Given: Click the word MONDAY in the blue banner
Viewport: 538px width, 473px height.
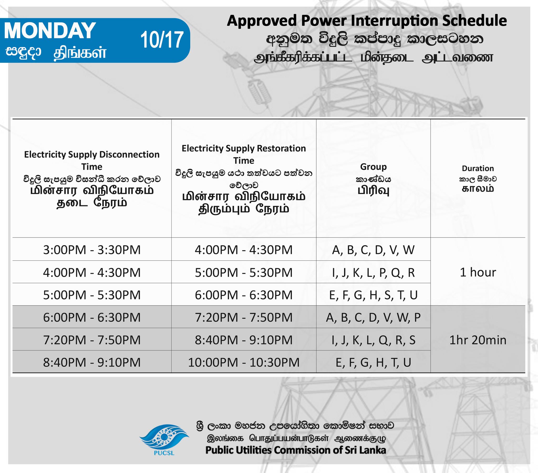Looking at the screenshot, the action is (x=50, y=30).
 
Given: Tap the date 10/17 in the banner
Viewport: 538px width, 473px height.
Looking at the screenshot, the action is (x=162, y=40).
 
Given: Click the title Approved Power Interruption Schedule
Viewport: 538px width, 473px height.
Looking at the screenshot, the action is (x=367, y=21).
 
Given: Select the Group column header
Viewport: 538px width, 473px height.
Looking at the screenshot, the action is (x=373, y=167).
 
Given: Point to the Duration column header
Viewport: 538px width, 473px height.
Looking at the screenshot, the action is (x=478, y=168).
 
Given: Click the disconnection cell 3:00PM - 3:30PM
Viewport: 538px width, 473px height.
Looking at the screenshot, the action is (x=92, y=250).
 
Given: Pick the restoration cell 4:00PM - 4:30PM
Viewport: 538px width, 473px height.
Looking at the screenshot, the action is (x=244, y=250).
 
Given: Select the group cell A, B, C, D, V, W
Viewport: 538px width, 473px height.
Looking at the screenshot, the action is (x=373, y=250).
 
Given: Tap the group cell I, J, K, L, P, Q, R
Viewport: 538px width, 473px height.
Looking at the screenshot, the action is (x=373, y=272).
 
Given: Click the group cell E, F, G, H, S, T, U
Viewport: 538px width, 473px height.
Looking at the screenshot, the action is (x=373, y=295).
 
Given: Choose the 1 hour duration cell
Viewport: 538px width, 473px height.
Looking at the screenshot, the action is (x=478, y=272).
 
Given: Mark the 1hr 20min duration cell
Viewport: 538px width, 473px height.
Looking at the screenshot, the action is (x=478, y=340).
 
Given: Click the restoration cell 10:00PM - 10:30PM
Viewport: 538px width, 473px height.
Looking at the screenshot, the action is (x=244, y=362).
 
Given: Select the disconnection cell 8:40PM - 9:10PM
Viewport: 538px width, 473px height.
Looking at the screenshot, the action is (x=92, y=362).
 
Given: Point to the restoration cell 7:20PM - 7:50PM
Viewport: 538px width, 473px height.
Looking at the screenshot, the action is (x=244, y=317).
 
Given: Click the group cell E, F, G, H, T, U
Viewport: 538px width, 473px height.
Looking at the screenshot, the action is (x=373, y=362).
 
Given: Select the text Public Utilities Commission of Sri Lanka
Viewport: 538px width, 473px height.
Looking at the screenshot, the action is (x=296, y=450).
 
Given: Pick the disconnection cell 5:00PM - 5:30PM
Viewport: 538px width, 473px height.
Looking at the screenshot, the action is (x=92, y=295).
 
